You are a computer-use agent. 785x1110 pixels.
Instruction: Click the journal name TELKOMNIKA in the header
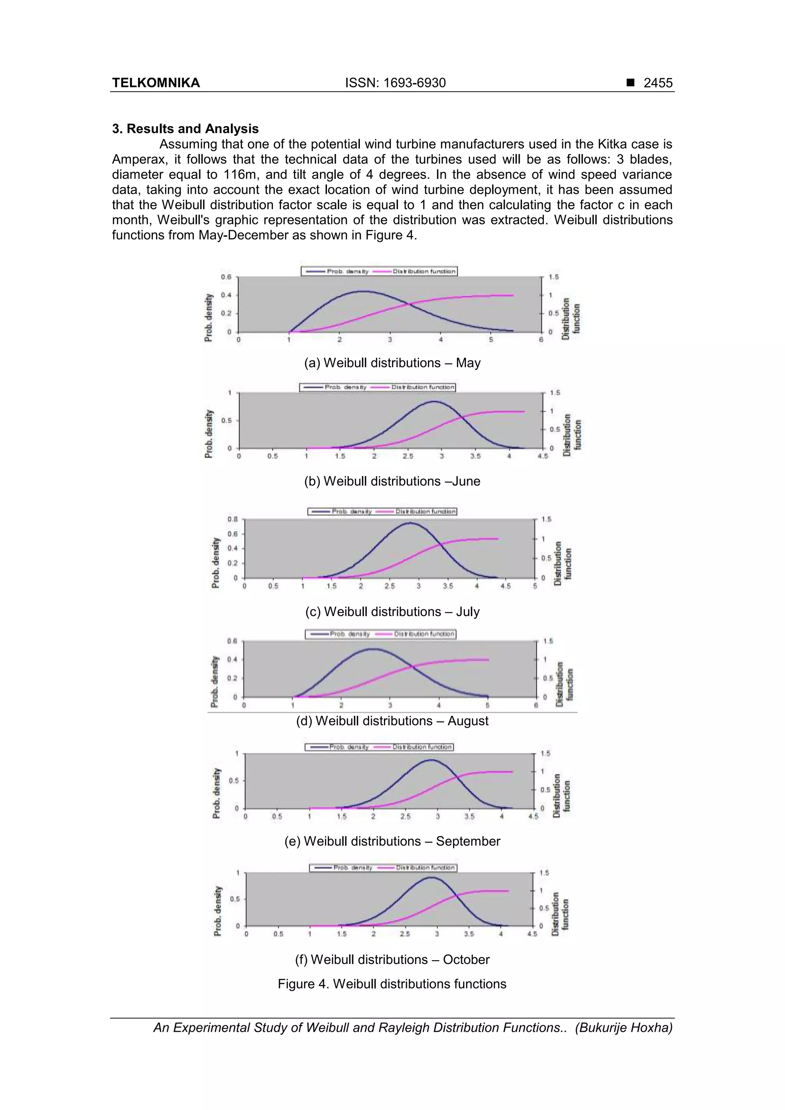click(156, 83)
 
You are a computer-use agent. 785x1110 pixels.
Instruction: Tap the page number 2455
click(657, 83)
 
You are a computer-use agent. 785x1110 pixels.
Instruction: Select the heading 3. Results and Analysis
click(185, 129)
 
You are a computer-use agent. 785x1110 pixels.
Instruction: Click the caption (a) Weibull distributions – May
click(392, 363)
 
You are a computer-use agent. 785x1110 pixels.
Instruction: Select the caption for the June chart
click(392, 482)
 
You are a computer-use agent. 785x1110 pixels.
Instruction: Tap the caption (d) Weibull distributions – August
click(392, 721)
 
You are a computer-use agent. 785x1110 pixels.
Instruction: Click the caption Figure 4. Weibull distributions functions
click(392, 984)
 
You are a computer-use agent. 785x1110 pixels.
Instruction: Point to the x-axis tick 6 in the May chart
click(541, 340)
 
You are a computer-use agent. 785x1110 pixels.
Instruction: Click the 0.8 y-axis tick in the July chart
click(233, 519)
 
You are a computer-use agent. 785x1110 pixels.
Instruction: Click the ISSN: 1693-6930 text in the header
click(395, 83)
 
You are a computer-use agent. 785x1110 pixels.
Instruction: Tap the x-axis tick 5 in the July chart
click(535, 586)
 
